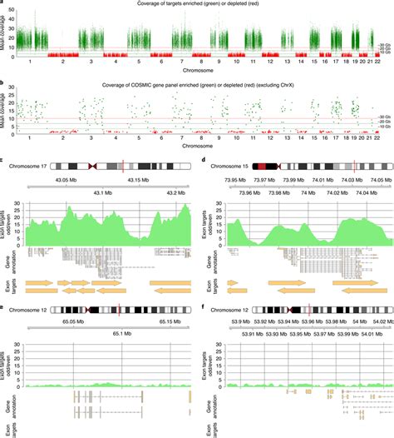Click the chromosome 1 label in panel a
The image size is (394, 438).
coord(30,62)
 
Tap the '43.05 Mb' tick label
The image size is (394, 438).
coord(66,180)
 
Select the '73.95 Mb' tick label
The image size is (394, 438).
coord(229,180)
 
